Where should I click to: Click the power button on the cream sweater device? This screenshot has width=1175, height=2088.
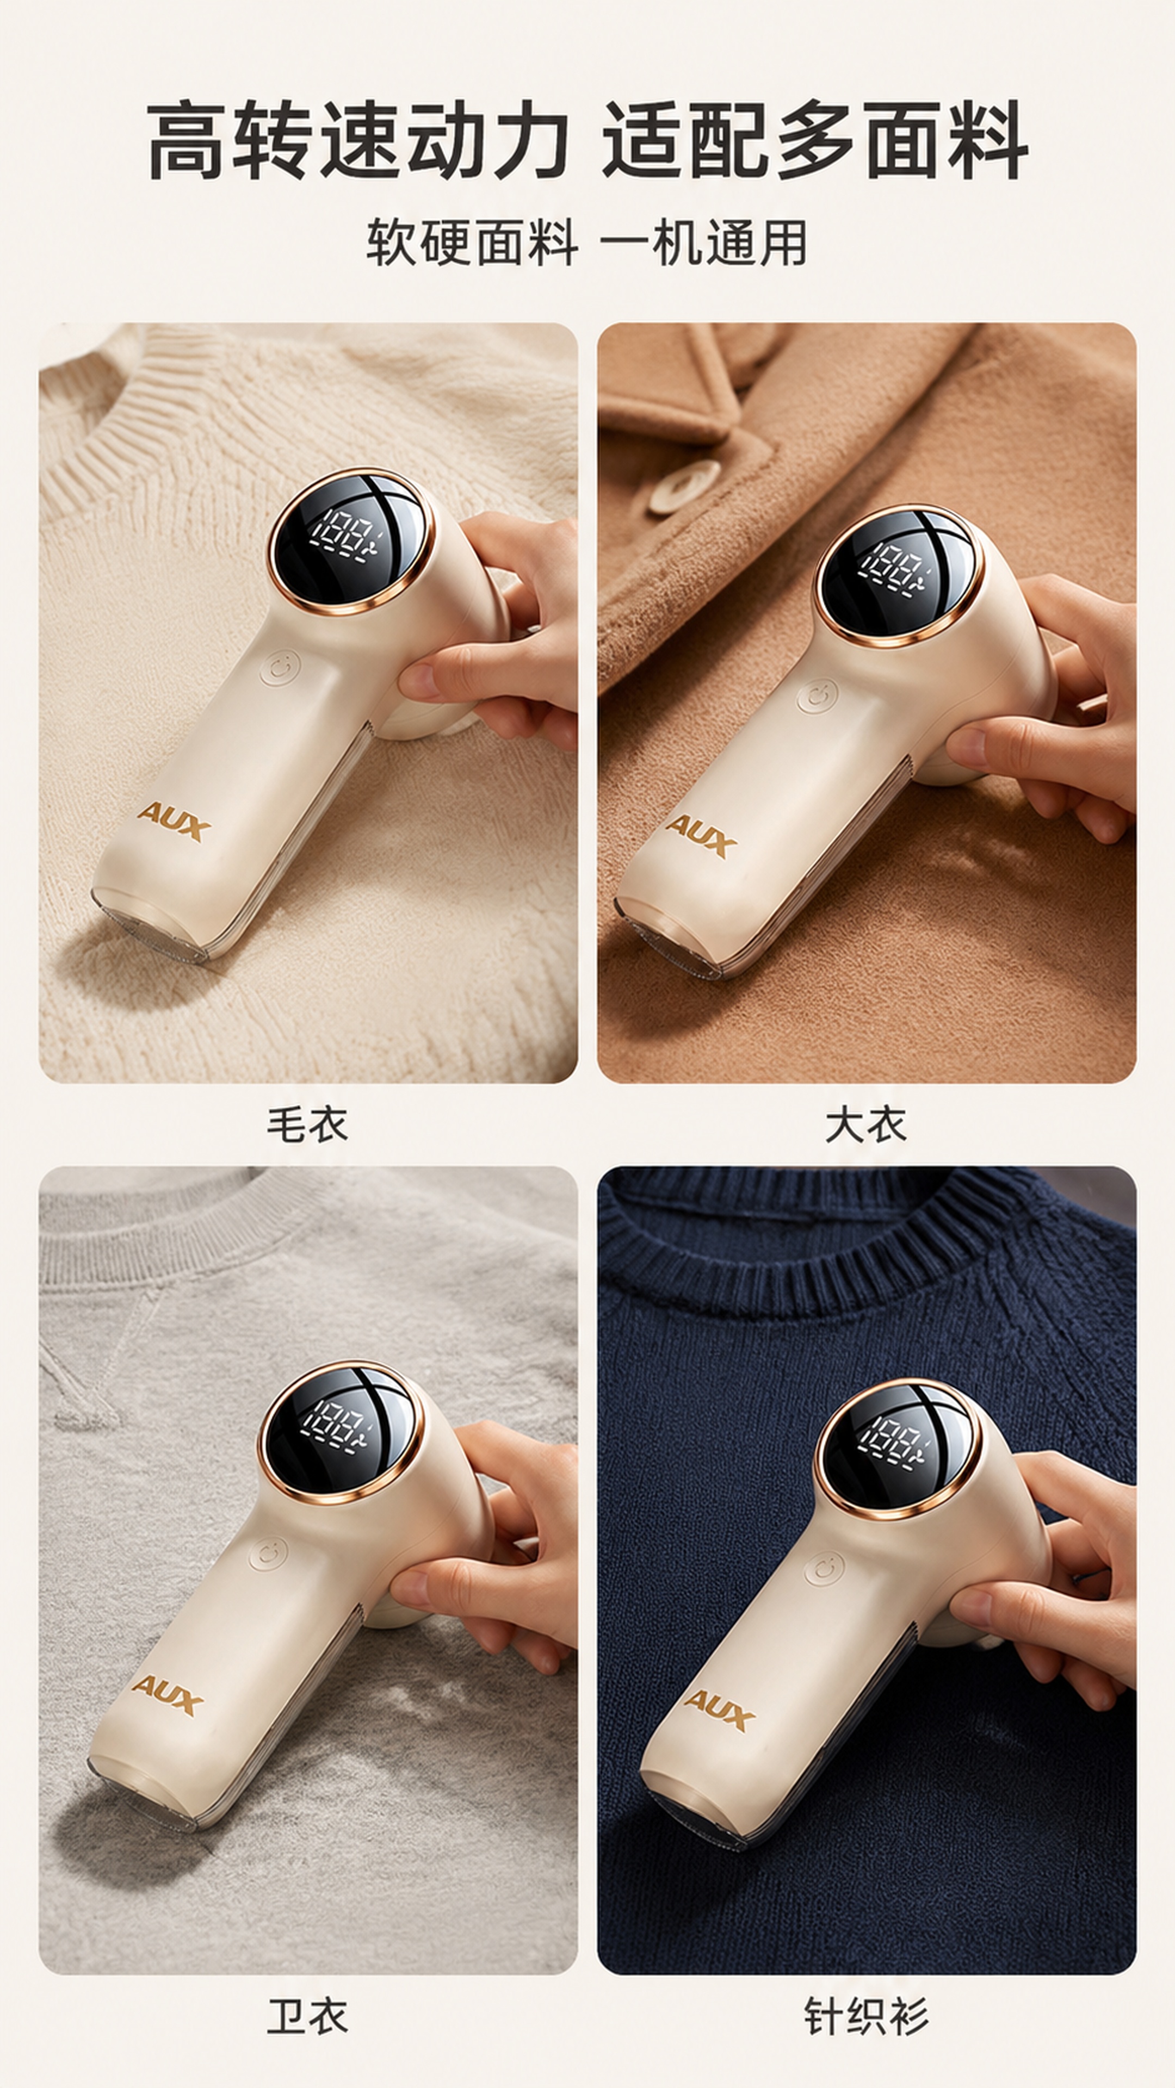click(281, 669)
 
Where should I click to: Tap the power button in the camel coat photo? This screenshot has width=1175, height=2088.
click(817, 698)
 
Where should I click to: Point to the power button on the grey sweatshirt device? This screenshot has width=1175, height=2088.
click(268, 1554)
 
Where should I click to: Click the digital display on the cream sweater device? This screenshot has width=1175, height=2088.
click(351, 540)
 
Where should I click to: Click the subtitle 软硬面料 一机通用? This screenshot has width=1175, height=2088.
click(586, 241)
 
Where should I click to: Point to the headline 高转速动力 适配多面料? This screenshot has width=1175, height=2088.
click(587, 139)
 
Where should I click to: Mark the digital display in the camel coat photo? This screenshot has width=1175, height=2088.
click(899, 575)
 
